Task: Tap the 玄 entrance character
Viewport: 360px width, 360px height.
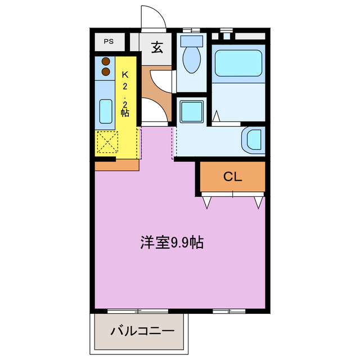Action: click(157, 47)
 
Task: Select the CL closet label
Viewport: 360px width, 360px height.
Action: click(232, 177)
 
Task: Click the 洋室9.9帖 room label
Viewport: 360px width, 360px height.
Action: click(172, 243)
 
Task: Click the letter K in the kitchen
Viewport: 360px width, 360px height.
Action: click(125, 74)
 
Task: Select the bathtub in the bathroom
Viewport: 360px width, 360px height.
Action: click(238, 62)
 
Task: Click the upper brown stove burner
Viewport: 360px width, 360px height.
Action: click(106, 61)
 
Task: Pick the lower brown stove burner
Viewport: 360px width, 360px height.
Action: click(106, 71)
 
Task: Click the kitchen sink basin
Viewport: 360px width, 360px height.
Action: click(106, 111)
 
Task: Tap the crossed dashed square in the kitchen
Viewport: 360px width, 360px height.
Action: click(107, 142)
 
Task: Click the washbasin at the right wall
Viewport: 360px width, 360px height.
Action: click(254, 141)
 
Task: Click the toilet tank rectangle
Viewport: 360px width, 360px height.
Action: click(192, 40)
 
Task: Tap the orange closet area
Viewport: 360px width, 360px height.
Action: click(232, 177)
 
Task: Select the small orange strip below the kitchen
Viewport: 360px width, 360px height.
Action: click(116, 165)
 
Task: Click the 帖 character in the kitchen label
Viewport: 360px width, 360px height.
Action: click(125, 112)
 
